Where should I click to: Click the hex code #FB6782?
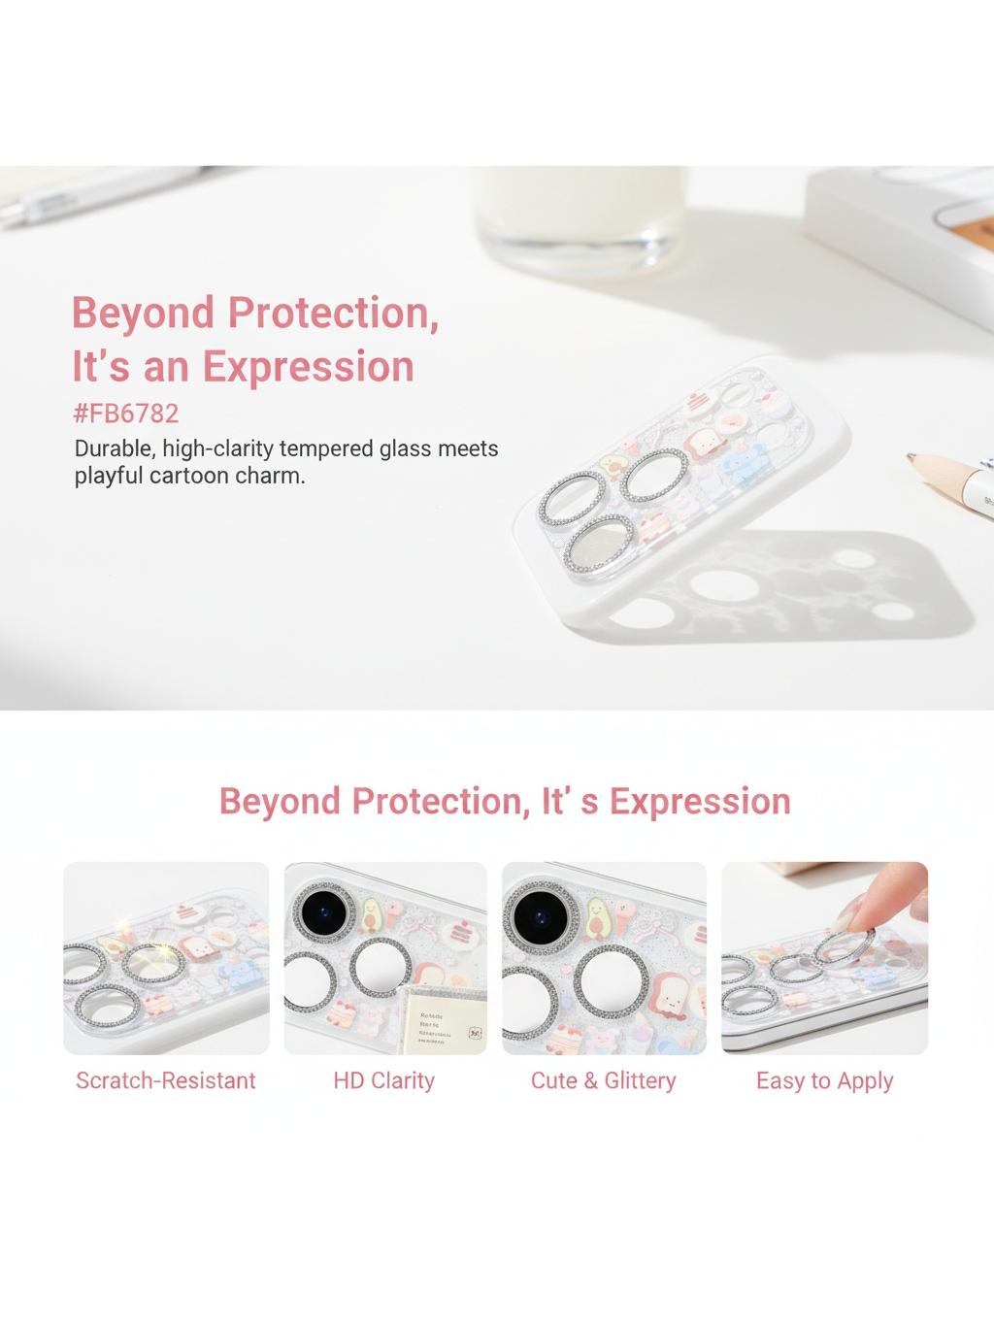(126, 414)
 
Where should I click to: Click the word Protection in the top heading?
(333, 313)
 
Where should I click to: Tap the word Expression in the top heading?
(309, 366)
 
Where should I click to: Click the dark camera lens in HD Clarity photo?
(324, 912)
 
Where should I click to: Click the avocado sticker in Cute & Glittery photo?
(596, 918)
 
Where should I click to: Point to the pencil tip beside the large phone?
(912, 457)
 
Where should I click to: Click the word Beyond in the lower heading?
(280, 801)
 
